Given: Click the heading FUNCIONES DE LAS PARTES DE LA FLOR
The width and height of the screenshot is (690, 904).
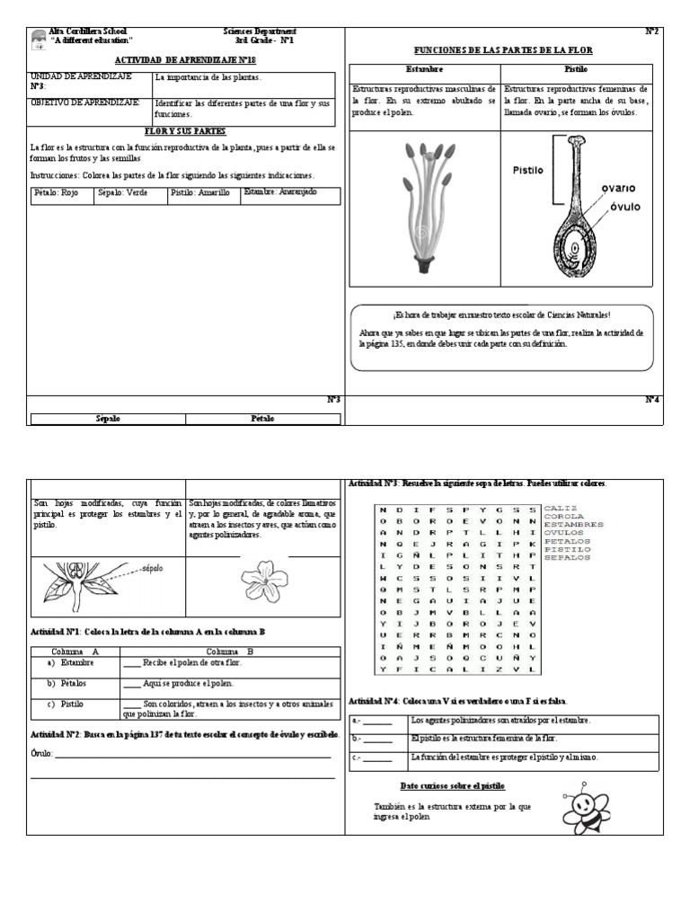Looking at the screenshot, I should click(502, 50).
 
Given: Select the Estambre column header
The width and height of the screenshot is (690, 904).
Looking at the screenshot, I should click(423, 69).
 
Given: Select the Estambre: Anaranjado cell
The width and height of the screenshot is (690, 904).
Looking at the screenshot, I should click(290, 193).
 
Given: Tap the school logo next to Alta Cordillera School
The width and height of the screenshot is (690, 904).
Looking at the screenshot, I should click(38, 39).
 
